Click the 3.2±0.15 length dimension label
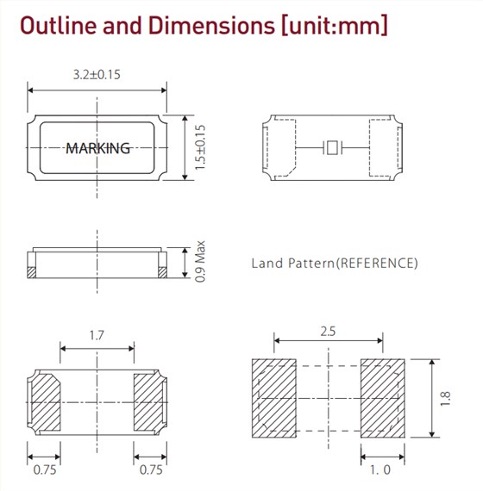97,75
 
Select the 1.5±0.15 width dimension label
200,147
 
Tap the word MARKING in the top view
97,148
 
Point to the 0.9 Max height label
200,262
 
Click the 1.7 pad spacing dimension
97,335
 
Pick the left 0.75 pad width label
45,469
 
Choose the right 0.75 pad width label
151,469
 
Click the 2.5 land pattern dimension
328,332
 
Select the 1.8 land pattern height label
445,399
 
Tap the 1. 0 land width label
380,469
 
